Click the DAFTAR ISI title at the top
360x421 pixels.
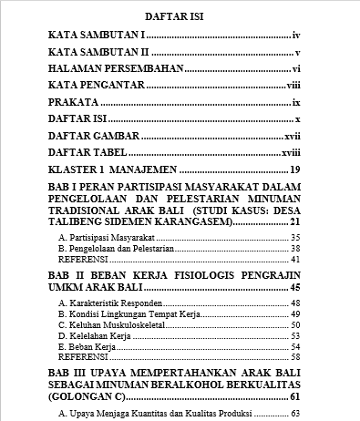click(x=180, y=15)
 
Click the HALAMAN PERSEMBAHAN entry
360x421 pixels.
click(x=116, y=69)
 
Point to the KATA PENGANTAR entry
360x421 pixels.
click(x=97, y=86)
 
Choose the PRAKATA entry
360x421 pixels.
click(x=74, y=103)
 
